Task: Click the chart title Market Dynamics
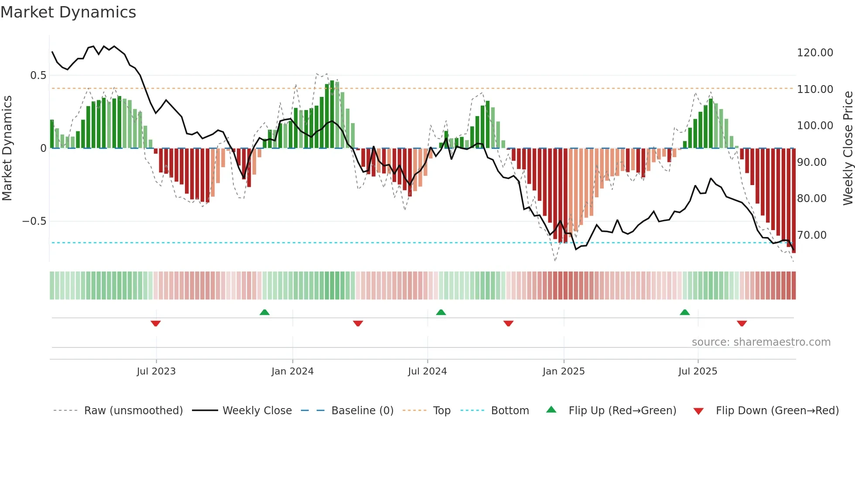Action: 68,12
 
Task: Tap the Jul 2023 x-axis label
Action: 156,371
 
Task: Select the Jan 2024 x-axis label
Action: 292,371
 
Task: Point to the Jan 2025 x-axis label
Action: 564,371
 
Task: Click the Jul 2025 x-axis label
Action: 698,371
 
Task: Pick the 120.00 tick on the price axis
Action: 815,53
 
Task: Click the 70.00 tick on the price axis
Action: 812,235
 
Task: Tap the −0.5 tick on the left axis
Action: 34,221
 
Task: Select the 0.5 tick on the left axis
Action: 38,76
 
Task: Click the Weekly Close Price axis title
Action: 848,148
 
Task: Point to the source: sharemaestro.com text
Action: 761,342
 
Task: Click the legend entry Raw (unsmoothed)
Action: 133,411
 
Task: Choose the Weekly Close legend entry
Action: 257,411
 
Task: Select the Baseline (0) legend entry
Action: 362,411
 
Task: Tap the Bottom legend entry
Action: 510,411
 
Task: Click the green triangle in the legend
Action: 551,410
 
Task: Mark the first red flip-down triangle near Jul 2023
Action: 156,323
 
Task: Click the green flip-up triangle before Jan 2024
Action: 264,312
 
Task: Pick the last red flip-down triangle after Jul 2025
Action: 742,323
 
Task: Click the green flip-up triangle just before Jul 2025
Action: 684,312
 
